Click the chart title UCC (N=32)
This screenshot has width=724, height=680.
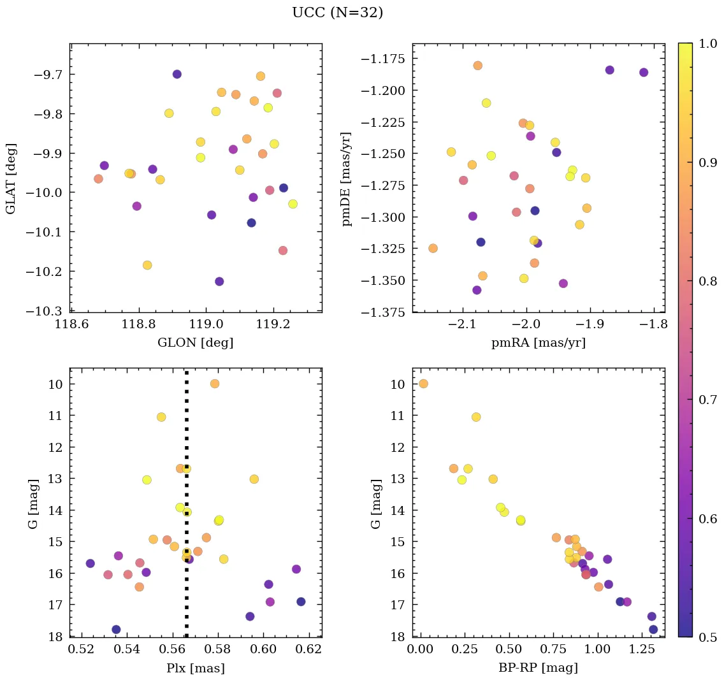(337, 13)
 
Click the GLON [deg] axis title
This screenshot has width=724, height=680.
(195, 343)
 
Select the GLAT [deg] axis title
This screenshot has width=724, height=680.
(11, 178)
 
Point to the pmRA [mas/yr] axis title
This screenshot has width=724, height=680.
(539, 343)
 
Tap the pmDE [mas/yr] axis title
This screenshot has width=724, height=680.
(347, 178)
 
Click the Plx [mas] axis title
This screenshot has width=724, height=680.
(195, 668)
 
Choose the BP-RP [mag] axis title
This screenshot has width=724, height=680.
(539, 668)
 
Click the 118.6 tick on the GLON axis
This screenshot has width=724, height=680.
(71, 325)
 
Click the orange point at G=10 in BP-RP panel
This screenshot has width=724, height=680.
(423, 384)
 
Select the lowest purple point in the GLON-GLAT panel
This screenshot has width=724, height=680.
(219, 281)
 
